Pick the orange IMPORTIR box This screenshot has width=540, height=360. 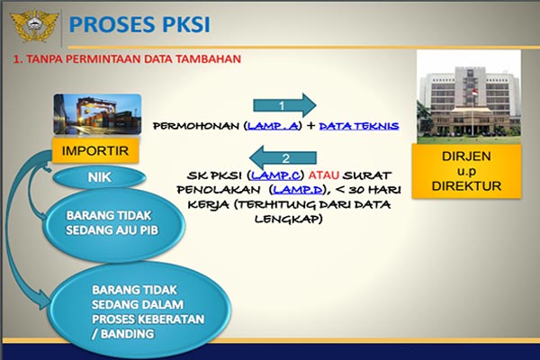(94, 149)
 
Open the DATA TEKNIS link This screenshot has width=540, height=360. (359, 127)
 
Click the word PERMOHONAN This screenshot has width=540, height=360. (197, 127)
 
